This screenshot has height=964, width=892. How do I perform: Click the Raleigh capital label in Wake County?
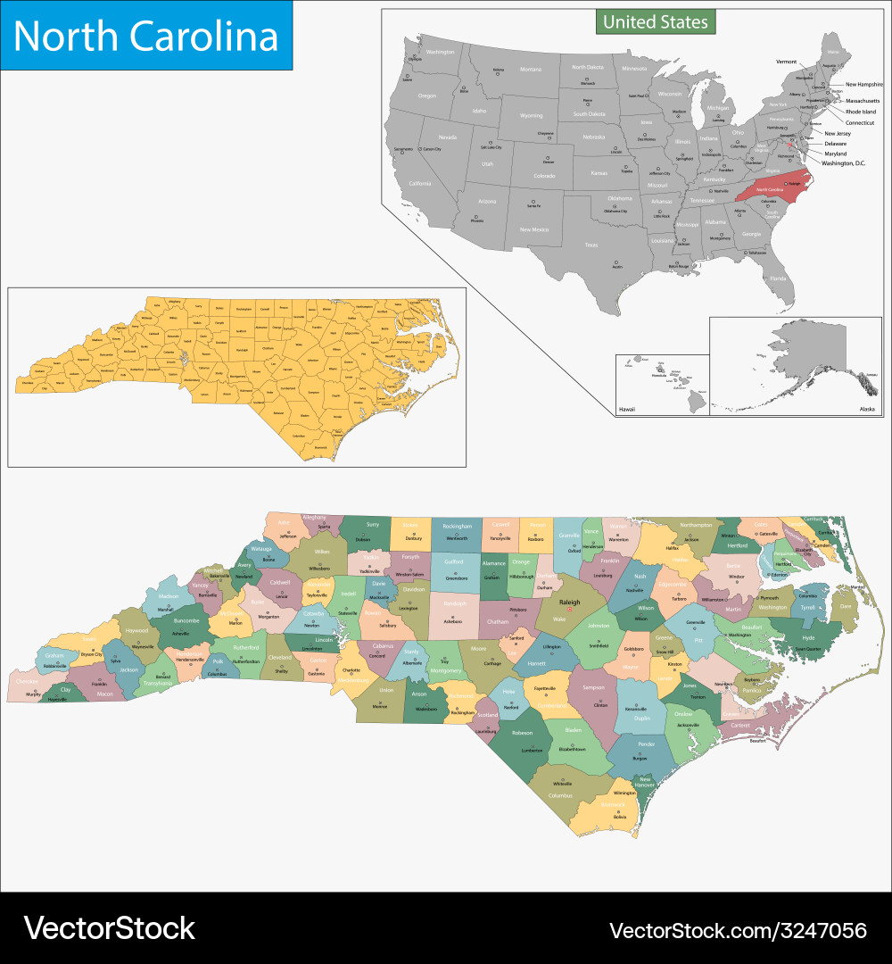tap(569, 602)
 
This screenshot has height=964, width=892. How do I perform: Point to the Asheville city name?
tap(181, 633)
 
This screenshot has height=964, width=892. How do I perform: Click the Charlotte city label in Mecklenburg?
tap(351, 669)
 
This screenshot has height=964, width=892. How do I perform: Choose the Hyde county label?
tap(808, 638)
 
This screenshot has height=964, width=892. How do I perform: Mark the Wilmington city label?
tap(624, 793)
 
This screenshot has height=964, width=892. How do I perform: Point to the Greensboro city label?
tap(457, 578)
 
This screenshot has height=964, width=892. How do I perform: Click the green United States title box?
tap(656, 21)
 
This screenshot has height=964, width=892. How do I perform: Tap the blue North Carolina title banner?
tap(146, 36)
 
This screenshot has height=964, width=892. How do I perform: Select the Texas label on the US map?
tap(616, 244)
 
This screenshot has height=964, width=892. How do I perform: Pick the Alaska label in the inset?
tap(867, 408)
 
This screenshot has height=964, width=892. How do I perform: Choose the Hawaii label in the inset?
tap(627, 409)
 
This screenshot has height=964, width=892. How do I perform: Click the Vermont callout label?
tap(786, 62)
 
